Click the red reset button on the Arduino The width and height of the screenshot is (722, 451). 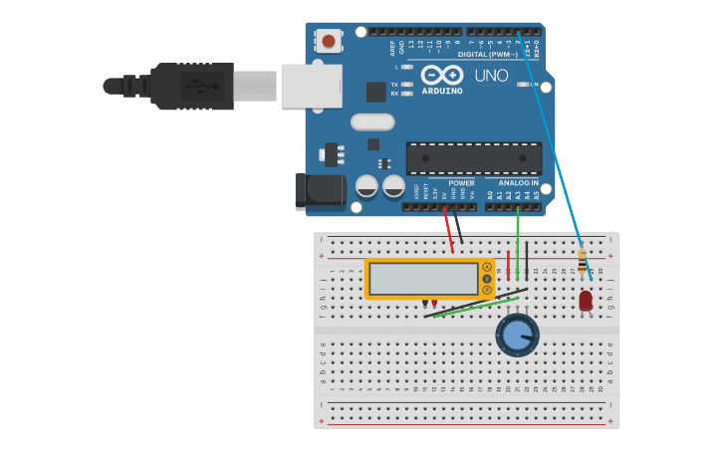click(x=328, y=41)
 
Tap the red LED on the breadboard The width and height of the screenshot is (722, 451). click(x=585, y=300)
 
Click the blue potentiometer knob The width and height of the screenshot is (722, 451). click(x=517, y=335)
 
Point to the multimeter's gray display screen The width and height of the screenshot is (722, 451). click(x=423, y=279)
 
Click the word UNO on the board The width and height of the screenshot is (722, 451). click(x=491, y=76)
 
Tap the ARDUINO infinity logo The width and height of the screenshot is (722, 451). click(x=442, y=75)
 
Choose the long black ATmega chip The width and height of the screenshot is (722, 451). click(x=474, y=158)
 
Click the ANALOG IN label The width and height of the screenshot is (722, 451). click(x=518, y=183)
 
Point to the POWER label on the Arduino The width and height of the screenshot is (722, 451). click(x=461, y=183)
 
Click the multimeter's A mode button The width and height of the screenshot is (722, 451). click(x=487, y=267)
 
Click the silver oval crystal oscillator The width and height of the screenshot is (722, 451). click(x=372, y=122)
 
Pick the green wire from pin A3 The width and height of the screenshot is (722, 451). click(x=518, y=239)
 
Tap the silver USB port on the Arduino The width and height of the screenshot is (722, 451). click(x=312, y=87)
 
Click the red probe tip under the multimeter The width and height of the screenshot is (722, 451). click(x=434, y=302)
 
